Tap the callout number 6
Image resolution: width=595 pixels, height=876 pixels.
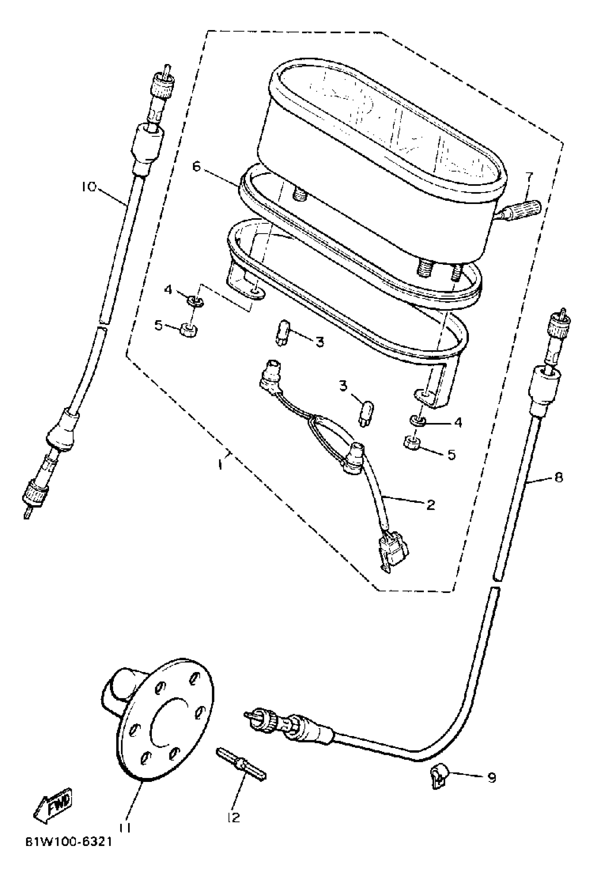196,166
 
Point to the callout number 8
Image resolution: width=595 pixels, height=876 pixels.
559,478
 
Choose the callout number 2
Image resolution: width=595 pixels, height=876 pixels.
430,505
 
